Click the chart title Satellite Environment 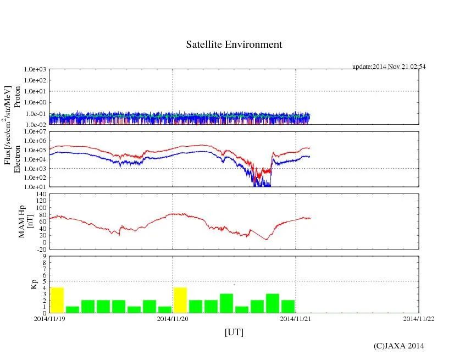click(x=234, y=45)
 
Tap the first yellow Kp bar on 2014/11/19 click(x=57, y=300)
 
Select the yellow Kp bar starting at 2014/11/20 click(x=180, y=300)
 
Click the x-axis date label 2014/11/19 click(x=49, y=318)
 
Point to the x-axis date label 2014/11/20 click(x=173, y=318)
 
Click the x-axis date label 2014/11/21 click(x=296, y=318)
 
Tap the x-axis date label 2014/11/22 click(x=419, y=318)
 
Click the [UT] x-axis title click(x=234, y=332)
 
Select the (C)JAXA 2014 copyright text click(x=398, y=346)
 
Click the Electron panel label click(x=17, y=159)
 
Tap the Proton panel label click(x=17, y=97)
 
